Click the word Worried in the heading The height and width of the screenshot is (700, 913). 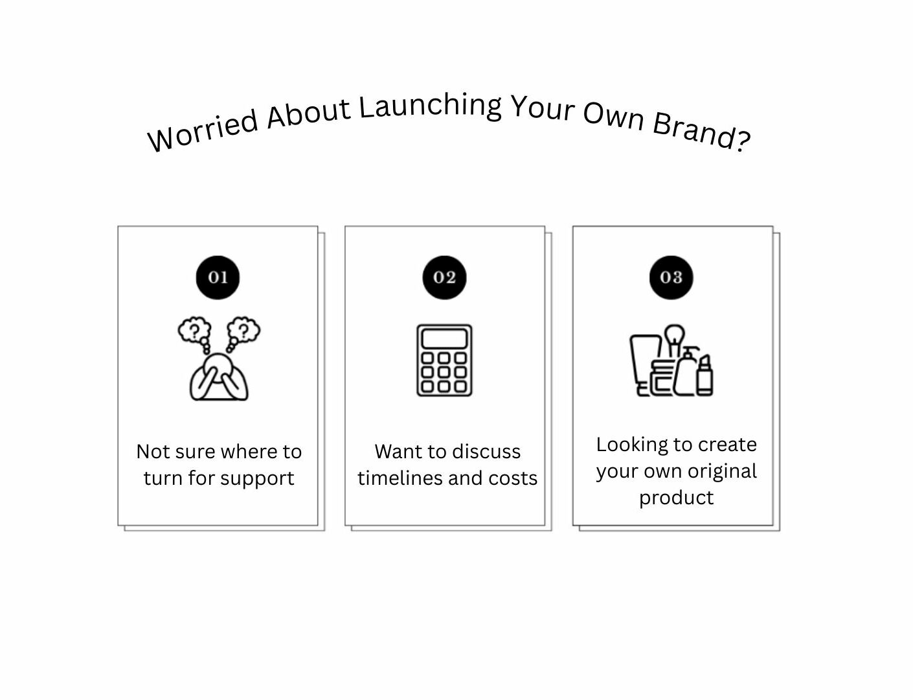[203, 130]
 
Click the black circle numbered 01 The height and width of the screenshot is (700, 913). [218, 277]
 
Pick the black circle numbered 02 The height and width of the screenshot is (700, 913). [445, 277]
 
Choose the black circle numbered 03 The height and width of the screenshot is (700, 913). [671, 277]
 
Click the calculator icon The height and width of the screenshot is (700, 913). [445, 360]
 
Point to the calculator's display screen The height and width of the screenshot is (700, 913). [445, 339]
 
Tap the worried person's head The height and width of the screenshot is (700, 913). [218, 364]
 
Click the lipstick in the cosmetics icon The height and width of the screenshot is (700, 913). [704, 375]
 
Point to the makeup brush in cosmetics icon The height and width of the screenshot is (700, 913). [674, 340]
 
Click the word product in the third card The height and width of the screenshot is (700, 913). [676, 498]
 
